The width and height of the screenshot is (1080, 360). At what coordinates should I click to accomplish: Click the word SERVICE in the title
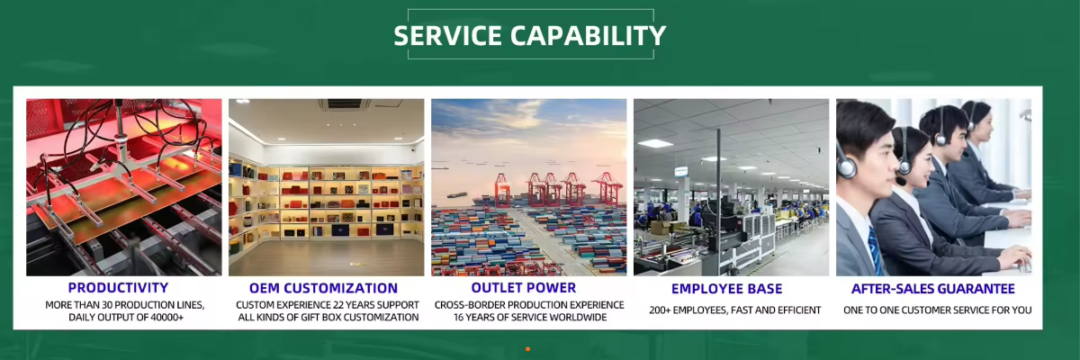pyautogui.click(x=448, y=36)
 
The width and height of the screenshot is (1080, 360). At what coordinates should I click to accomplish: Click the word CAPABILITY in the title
pyautogui.click(x=589, y=36)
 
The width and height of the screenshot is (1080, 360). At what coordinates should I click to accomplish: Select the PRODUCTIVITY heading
pyautogui.click(x=118, y=288)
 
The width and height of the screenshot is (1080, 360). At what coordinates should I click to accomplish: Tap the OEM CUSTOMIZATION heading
pyautogui.click(x=323, y=288)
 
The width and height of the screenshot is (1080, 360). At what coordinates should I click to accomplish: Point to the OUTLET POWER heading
pyautogui.click(x=524, y=288)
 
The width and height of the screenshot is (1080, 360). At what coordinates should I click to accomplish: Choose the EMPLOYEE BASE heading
pyautogui.click(x=726, y=289)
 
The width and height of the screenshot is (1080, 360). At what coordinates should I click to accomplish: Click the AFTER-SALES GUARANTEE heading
pyautogui.click(x=933, y=289)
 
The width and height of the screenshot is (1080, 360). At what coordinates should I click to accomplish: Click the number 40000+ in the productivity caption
pyautogui.click(x=166, y=318)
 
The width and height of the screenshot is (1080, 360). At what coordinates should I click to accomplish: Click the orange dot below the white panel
pyautogui.click(x=528, y=349)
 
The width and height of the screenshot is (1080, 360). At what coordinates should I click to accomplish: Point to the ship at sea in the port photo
pyautogui.click(x=457, y=195)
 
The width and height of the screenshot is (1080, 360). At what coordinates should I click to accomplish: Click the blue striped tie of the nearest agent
pyautogui.click(x=875, y=250)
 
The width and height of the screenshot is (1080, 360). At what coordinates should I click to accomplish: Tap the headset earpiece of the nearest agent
pyautogui.click(x=847, y=167)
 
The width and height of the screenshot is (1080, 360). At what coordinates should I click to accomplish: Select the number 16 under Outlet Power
pyautogui.click(x=458, y=318)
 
